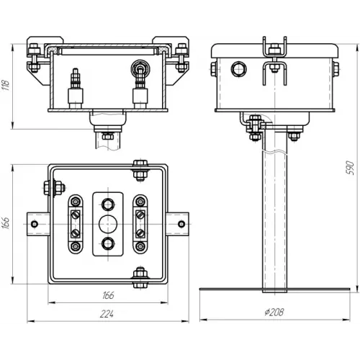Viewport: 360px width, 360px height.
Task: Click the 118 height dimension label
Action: pyautogui.click(x=6, y=85)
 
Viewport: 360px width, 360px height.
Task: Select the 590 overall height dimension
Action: pyautogui.click(x=350, y=168)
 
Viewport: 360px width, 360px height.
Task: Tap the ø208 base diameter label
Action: pyautogui.click(x=274, y=312)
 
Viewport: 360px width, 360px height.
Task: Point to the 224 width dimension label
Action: pyautogui.click(x=107, y=314)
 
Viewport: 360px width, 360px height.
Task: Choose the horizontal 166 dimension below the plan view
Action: pyautogui.click(x=108, y=295)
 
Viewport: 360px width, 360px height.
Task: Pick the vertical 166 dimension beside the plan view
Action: pyautogui.click(x=6, y=223)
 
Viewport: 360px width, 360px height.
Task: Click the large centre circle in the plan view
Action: pyautogui.click(x=108, y=224)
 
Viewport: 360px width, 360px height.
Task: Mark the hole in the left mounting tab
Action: pyautogui.click(x=35, y=224)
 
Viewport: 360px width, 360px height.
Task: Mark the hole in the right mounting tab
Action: pyautogui.click(x=181, y=224)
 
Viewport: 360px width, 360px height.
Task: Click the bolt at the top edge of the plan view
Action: pyautogui.click(x=140, y=170)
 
